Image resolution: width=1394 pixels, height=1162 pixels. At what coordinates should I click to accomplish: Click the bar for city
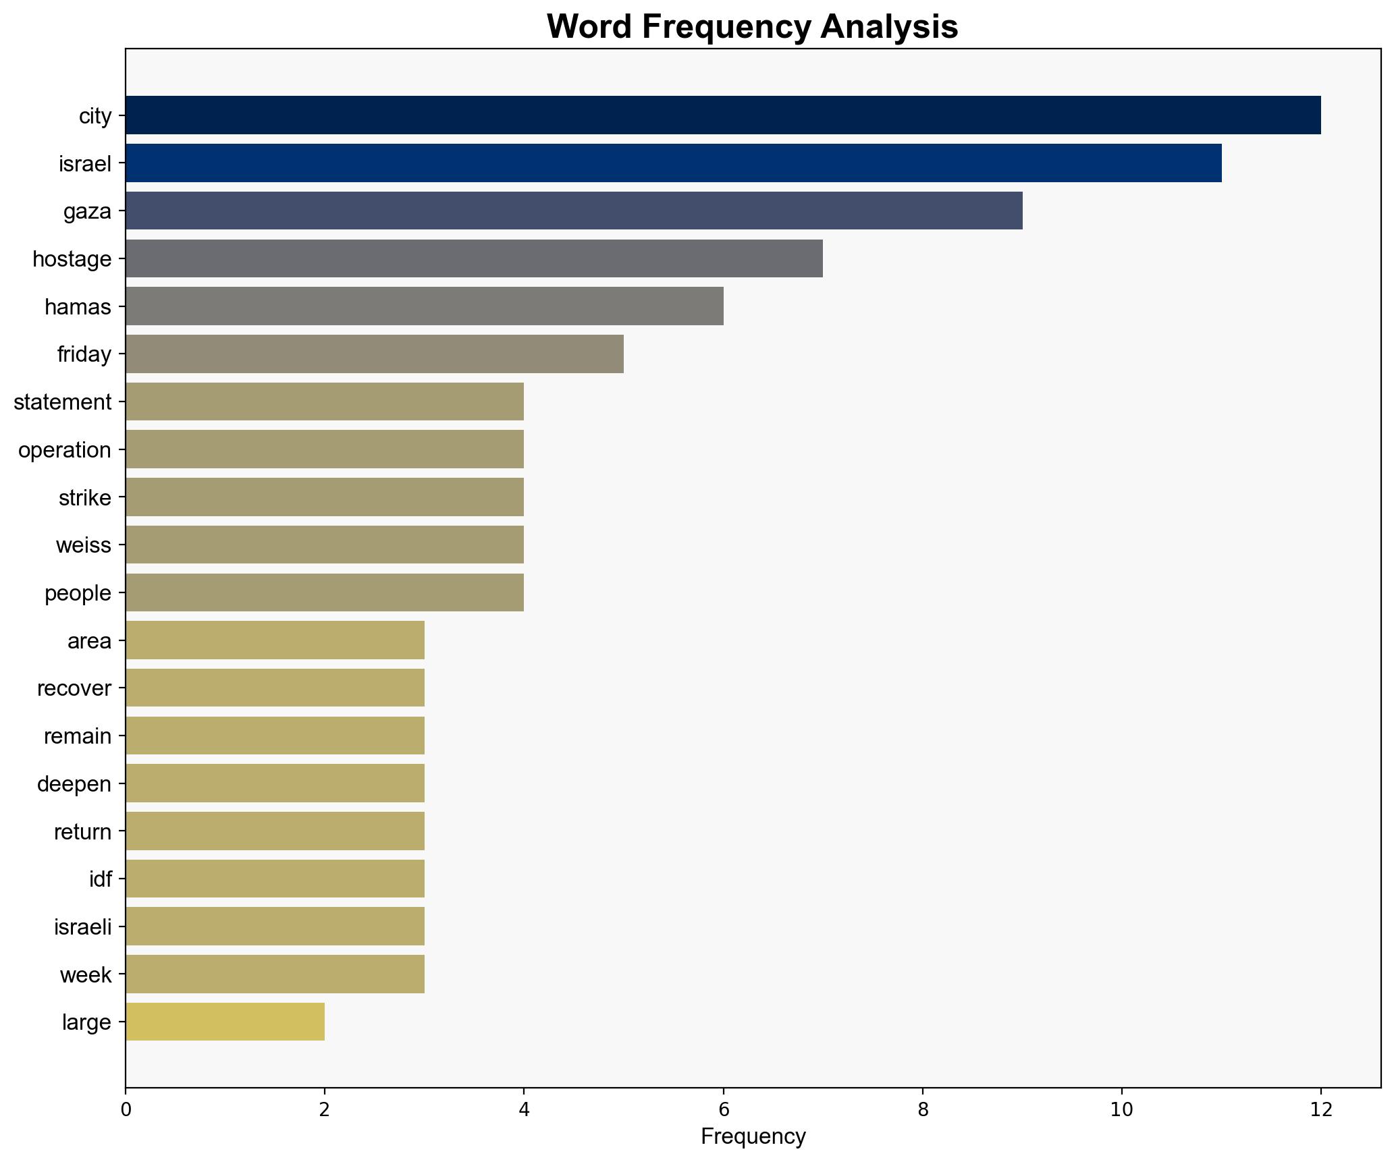tap(722, 115)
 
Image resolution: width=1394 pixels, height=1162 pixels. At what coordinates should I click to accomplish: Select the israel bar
tap(673, 163)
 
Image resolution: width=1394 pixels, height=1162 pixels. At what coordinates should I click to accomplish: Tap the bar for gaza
tap(574, 211)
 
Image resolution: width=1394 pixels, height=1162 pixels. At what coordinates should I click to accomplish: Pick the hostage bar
tap(474, 258)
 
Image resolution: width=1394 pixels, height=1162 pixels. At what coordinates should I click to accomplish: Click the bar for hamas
tap(424, 306)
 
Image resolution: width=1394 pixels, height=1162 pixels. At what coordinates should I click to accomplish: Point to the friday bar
tap(374, 354)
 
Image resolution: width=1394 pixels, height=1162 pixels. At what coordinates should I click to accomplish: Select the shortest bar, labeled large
tap(225, 1022)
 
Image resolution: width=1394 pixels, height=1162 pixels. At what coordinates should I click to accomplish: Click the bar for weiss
tap(324, 545)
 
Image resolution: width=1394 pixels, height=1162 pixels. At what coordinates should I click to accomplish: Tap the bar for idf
tap(275, 879)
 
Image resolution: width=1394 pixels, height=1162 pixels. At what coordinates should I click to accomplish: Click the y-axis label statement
tap(63, 402)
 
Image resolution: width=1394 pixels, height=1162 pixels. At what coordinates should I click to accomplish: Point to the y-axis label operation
tap(65, 450)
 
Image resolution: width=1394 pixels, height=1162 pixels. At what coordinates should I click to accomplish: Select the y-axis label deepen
tap(74, 784)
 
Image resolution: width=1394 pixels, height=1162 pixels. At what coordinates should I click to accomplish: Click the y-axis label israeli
tap(83, 927)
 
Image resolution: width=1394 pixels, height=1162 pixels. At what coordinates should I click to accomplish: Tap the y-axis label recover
tap(74, 688)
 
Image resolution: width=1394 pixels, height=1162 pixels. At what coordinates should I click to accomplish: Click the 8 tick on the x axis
tap(923, 1110)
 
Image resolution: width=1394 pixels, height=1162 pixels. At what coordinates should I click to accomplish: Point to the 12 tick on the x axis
tap(1321, 1110)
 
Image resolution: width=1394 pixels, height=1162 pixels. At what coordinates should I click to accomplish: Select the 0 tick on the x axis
tap(126, 1110)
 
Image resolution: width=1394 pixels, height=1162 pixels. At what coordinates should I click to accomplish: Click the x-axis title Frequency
tap(753, 1137)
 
